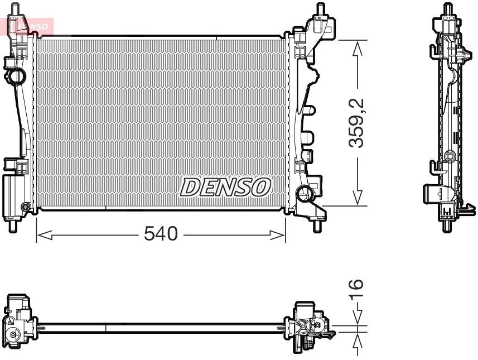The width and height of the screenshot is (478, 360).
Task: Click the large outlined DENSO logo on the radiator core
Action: tap(225, 188)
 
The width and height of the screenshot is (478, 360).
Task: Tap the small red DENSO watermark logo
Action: tap(29, 25)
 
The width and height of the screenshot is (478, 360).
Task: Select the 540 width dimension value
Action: tap(161, 234)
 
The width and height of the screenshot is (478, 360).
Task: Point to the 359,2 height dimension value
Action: tap(357, 123)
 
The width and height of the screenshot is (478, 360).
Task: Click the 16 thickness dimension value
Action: tap(357, 287)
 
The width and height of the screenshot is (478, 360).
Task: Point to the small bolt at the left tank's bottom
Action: tap(25, 208)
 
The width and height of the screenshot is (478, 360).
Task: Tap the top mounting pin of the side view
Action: tap(447, 9)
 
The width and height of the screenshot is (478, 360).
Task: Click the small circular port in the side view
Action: tap(449, 156)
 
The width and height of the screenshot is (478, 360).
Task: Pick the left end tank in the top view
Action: tap(19, 324)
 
